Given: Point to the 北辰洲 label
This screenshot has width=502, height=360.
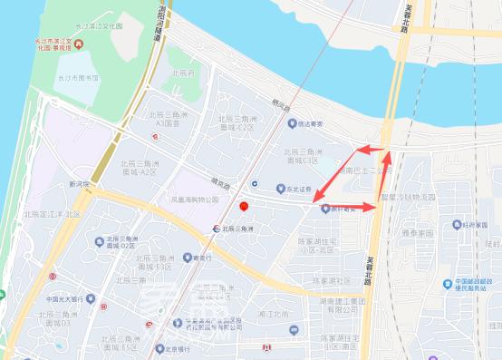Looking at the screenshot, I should coord(180,72).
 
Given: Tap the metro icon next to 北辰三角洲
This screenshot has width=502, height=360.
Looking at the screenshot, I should coord(217,229).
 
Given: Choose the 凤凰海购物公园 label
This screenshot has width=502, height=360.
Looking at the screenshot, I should coord(196,199).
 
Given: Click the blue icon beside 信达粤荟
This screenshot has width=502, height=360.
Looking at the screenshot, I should coord(292,123).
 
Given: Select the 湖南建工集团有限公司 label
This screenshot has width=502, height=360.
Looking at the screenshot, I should coord(346,306).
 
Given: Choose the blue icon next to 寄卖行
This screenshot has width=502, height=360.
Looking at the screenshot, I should coord(187,258).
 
